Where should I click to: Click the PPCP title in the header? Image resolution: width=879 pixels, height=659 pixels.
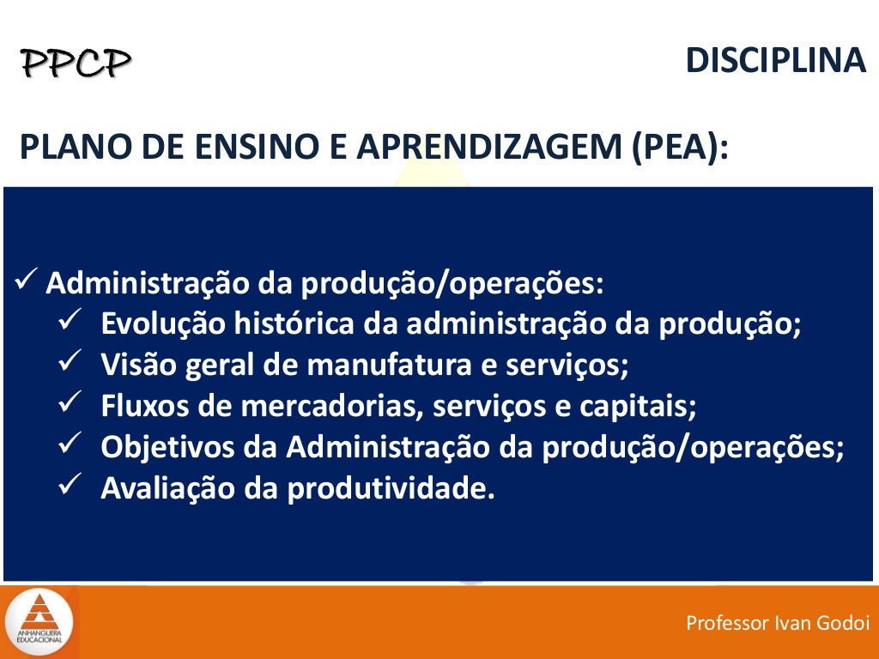tap(76, 63)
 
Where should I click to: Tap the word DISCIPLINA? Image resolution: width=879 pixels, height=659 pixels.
tap(775, 60)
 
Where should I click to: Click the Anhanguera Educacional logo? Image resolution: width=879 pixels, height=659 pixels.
tap(38, 620)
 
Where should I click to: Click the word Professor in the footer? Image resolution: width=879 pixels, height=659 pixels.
tap(727, 624)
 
